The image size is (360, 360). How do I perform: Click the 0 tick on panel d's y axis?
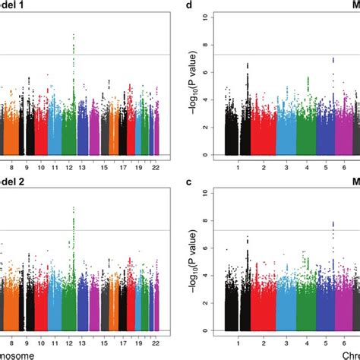(x=208, y=155)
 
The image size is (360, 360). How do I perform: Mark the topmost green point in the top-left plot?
(x=73, y=34)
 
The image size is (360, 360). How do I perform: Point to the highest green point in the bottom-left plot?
(x=73, y=207)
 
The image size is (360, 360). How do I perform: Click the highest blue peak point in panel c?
(x=333, y=222)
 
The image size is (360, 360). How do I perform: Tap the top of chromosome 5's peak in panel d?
(x=333, y=58)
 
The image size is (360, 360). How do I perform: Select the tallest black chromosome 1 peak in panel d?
(x=248, y=64)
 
